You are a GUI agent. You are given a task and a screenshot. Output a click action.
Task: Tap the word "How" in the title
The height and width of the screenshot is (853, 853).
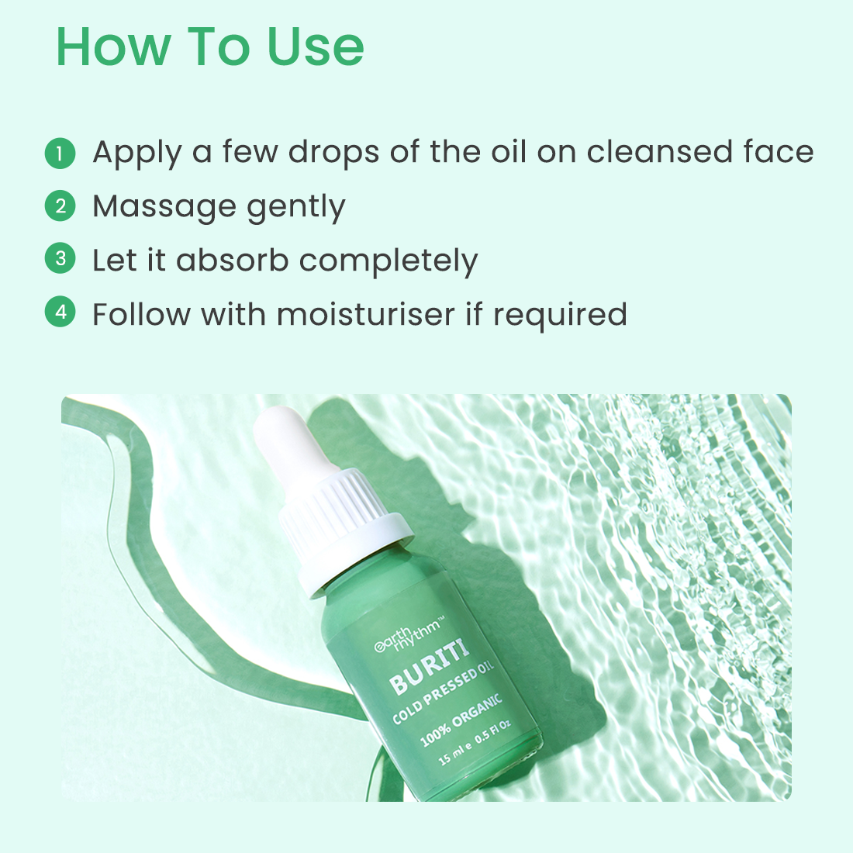point(113,47)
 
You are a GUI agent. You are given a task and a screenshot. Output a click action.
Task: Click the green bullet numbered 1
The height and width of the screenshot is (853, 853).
point(60,153)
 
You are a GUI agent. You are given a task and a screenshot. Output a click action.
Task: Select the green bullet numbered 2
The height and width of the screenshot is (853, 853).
point(60,206)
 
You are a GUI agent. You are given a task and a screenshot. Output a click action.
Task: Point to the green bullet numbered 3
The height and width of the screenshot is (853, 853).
point(60,259)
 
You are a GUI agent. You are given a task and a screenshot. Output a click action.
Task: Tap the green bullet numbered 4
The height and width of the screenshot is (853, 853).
point(60,313)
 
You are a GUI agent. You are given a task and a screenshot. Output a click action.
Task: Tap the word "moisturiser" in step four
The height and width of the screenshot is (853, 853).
point(365,314)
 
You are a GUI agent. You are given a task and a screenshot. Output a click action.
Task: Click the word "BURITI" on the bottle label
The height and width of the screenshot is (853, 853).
point(429,668)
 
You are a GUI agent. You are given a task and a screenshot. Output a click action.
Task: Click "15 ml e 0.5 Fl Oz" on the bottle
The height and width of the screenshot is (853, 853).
point(475,743)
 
